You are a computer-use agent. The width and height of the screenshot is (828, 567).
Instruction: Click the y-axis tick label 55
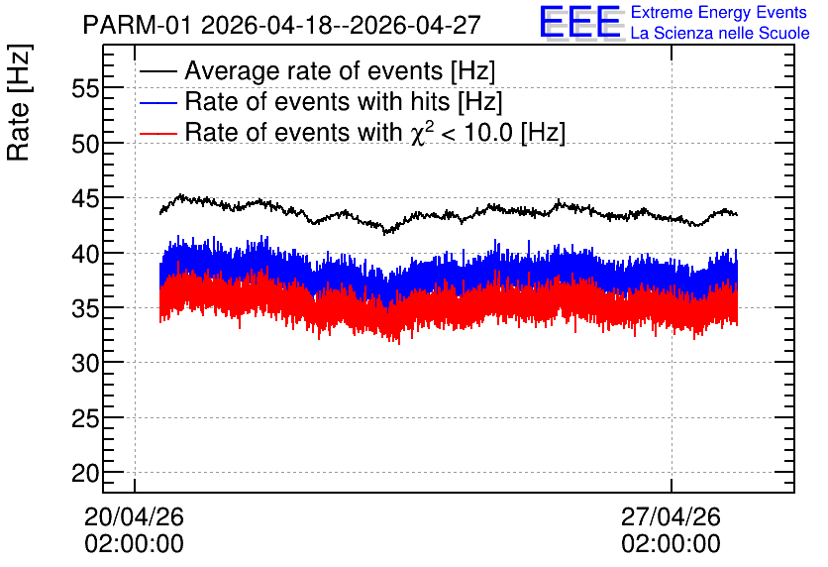point(85,89)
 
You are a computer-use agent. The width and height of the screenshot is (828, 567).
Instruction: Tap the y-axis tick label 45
point(85,199)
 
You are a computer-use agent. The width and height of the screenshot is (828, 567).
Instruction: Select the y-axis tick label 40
point(85,254)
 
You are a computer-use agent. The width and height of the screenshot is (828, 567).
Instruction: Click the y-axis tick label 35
point(85,309)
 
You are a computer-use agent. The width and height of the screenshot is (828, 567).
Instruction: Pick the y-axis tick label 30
point(85,364)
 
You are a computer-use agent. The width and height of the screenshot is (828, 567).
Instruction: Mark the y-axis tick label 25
point(85,419)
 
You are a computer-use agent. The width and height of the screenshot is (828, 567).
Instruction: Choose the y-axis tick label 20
point(85,474)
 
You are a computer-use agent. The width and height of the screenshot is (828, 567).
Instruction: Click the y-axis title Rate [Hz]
point(19,102)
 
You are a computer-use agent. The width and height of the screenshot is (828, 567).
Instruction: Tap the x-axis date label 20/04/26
point(134,516)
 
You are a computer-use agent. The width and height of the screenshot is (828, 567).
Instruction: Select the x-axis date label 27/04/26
point(671,516)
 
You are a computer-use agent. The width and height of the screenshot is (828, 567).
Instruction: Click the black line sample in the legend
point(157,71)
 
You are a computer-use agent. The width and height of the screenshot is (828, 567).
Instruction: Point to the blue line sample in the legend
point(157,102)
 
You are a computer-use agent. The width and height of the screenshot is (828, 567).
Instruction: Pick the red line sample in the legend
point(157,133)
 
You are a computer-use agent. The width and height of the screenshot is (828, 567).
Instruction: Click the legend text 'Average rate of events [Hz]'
point(340,71)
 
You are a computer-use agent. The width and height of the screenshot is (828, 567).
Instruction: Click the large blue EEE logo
point(580,22)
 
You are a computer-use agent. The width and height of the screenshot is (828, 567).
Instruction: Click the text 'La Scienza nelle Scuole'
point(720,33)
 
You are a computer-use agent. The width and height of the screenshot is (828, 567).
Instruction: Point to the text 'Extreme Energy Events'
point(719,13)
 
